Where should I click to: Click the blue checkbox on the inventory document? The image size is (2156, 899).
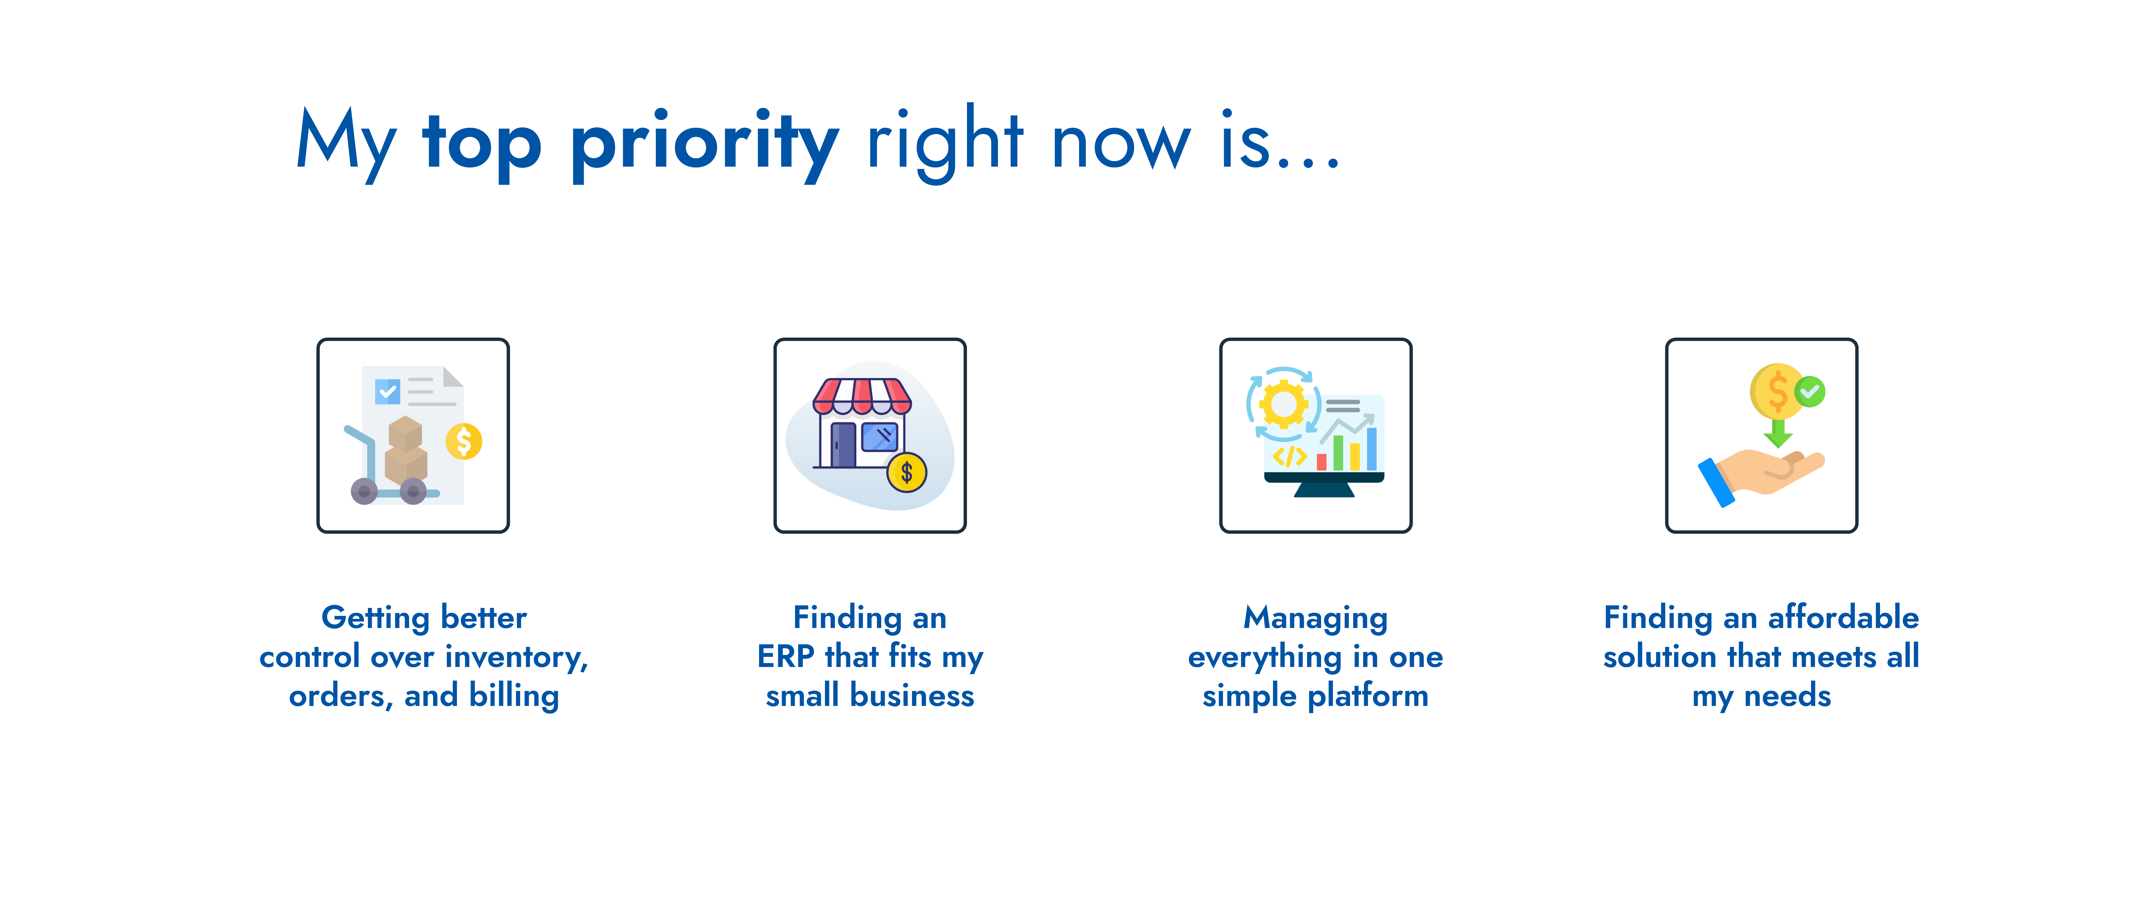(x=388, y=391)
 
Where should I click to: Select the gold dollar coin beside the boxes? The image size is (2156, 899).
(x=464, y=441)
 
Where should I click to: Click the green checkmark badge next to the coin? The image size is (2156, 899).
(x=1809, y=391)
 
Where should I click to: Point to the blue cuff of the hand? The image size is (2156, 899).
(x=1716, y=483)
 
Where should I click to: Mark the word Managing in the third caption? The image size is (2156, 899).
(x=1316, y=619)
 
